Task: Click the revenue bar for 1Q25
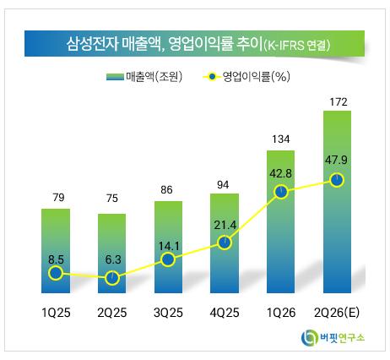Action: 56,251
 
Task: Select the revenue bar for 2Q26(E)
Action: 337,202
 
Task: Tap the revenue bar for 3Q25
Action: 168,247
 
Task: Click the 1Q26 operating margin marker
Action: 281,192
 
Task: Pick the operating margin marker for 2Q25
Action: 112,278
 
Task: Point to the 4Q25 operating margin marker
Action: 225,243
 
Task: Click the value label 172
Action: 339,101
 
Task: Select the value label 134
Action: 281,139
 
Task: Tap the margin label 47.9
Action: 336,160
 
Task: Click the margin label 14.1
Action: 169,246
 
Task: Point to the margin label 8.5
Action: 56,259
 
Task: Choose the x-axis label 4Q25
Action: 225,313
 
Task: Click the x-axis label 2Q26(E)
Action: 337,313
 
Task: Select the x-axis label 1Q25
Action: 56,313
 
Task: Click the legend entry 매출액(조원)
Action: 144,76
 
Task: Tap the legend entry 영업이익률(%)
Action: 246,76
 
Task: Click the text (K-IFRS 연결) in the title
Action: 296,46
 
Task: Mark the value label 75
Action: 112,199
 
